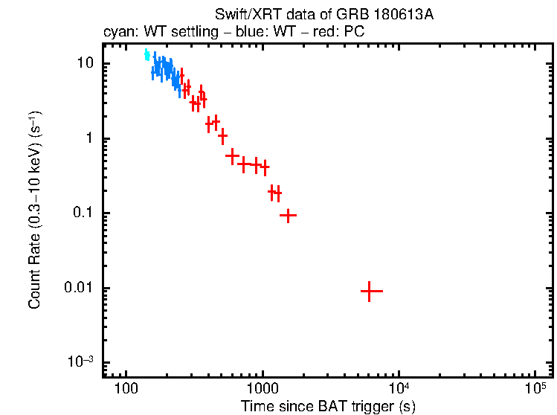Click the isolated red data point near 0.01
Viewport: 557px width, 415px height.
(x=371, y=292)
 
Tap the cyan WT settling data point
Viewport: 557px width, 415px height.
(x=147, y=55)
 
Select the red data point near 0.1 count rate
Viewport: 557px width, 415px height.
(x=288, y=215)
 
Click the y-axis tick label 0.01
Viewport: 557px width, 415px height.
(x=80, y=288)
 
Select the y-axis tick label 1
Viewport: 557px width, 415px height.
(x=91, y=138)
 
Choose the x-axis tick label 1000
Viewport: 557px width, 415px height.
(x=262, y=388)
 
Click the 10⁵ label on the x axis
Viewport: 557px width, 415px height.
(x=535, y=387)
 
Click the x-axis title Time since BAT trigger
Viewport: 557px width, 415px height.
(x=327, y=406)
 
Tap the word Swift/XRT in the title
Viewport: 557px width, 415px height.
(x=242, y=15)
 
